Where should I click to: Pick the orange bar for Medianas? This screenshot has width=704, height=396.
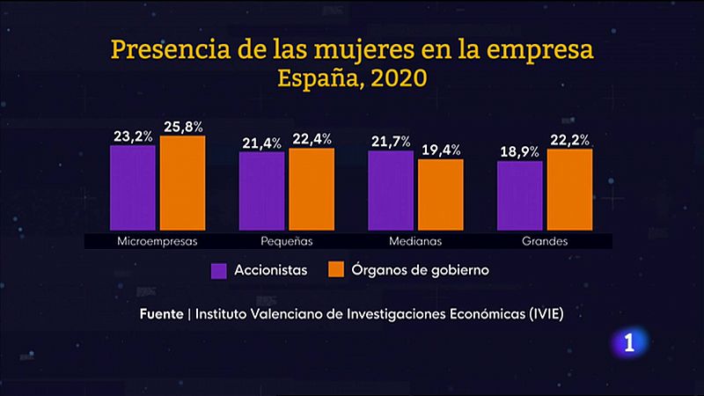click(x=440, y=195)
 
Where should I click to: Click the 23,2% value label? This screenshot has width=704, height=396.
click(x=133, y=136)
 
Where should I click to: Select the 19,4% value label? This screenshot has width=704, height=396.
click(x=441, y=150)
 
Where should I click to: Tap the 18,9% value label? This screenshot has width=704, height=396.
click(x=519, y=152)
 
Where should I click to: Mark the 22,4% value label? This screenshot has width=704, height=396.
click(x=312, y=140)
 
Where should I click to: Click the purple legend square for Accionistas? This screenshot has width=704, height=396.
click(x=219, y=270)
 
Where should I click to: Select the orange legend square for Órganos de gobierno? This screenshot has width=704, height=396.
click(x=336, y=270)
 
